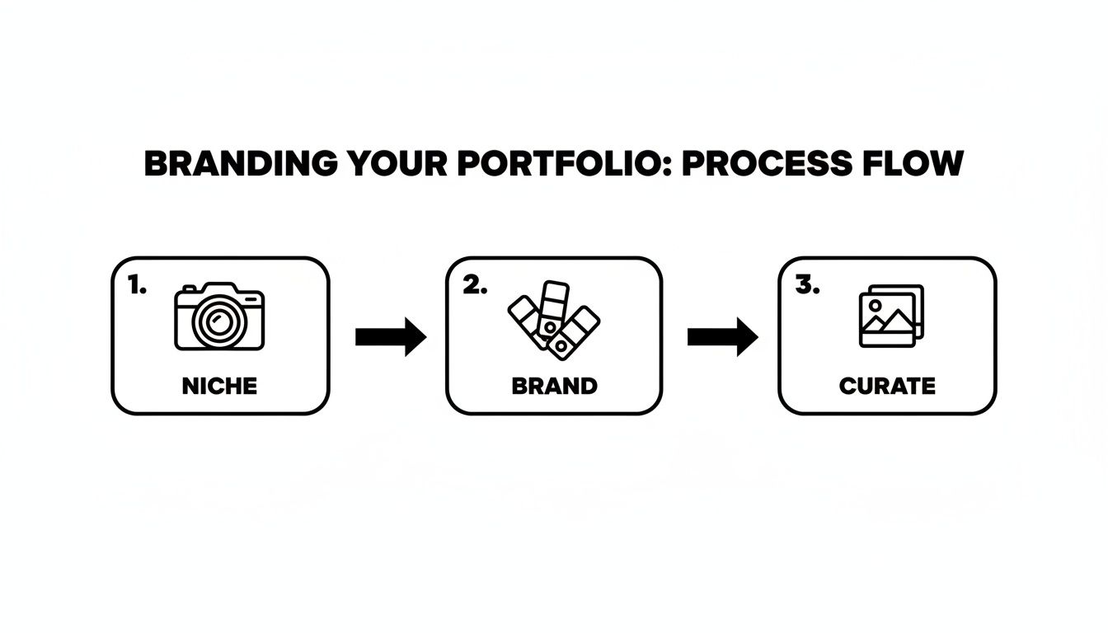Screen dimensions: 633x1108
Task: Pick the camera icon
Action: coord(220,318)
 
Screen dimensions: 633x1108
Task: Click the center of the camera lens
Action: coord(219,323)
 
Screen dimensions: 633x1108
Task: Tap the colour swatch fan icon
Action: coord(552,321)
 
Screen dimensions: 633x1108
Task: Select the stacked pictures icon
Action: coord(890,316)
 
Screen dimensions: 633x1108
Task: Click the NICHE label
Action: coord(220,386)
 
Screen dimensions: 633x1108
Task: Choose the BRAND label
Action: coord(554,386)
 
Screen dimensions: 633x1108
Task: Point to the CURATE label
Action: coord(887,386)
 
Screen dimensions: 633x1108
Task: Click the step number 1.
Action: coord(137,285)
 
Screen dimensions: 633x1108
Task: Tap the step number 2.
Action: coord(474,285)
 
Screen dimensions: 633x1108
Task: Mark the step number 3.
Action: coord(807,285)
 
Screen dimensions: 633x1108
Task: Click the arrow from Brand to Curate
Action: coord(722,336)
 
